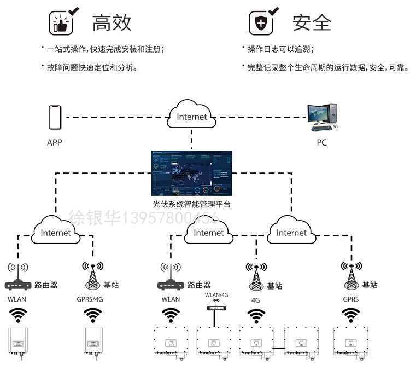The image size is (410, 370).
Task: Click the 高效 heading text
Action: [112, 22]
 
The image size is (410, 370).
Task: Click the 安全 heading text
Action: [312, 22]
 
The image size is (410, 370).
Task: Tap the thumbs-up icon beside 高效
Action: [62, 22]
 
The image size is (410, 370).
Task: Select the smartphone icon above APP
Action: [54, 118]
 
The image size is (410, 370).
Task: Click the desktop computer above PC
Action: [322, 117]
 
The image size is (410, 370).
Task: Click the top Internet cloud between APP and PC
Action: [192, 115]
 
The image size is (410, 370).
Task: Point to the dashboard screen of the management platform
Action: [191, 173]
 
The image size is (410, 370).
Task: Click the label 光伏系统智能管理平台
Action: [191, 204]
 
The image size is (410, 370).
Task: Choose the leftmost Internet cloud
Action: [56, 233]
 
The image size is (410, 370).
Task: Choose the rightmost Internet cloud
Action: [291, 233]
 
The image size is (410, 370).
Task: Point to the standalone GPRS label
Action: [350, 299]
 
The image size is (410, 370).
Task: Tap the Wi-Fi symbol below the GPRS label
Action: [350, 315]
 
